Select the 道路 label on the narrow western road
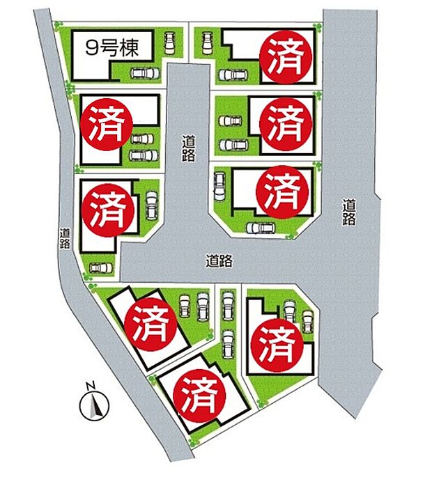pos(65,238)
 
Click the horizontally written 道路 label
pos(219,261)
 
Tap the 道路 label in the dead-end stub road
pos(187,148)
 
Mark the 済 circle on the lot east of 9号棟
pos(284,56)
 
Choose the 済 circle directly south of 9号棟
pos(105,123)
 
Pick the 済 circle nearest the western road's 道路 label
pos(105,208)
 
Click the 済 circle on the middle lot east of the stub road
pos(284,122)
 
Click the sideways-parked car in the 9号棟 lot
pos(144,73)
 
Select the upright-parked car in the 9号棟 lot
pos(169,45)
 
